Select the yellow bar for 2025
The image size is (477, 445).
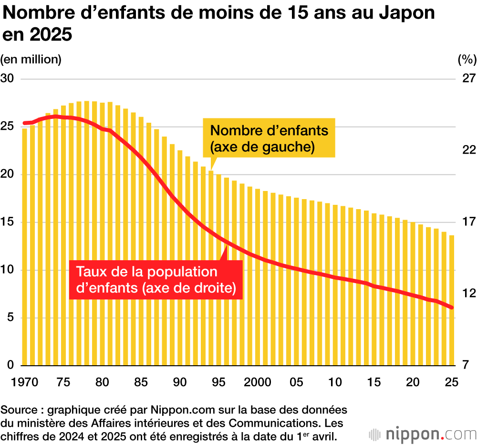(451, 300)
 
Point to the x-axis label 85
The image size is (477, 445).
(141, 382)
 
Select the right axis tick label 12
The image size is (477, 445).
(467, 293)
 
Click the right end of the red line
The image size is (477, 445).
(452, 307)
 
